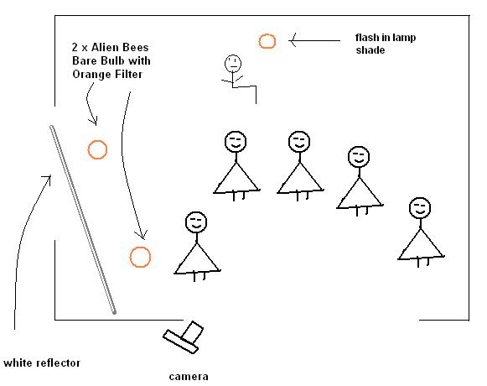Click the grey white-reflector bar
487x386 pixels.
83,219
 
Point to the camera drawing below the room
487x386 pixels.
184,337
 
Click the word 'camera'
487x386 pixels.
189,377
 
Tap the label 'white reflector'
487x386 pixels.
42,363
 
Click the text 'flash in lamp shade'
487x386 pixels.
386,44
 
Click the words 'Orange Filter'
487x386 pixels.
107,74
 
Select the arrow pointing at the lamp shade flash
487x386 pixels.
314,40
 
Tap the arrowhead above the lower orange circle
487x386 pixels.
142,235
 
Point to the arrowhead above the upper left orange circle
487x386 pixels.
94,121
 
